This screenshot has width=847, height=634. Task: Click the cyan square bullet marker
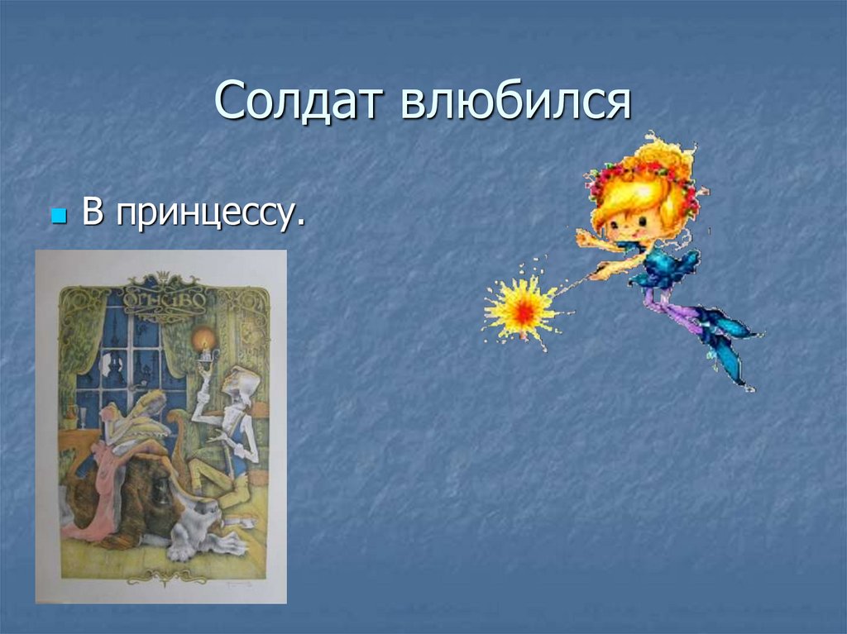58,217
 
